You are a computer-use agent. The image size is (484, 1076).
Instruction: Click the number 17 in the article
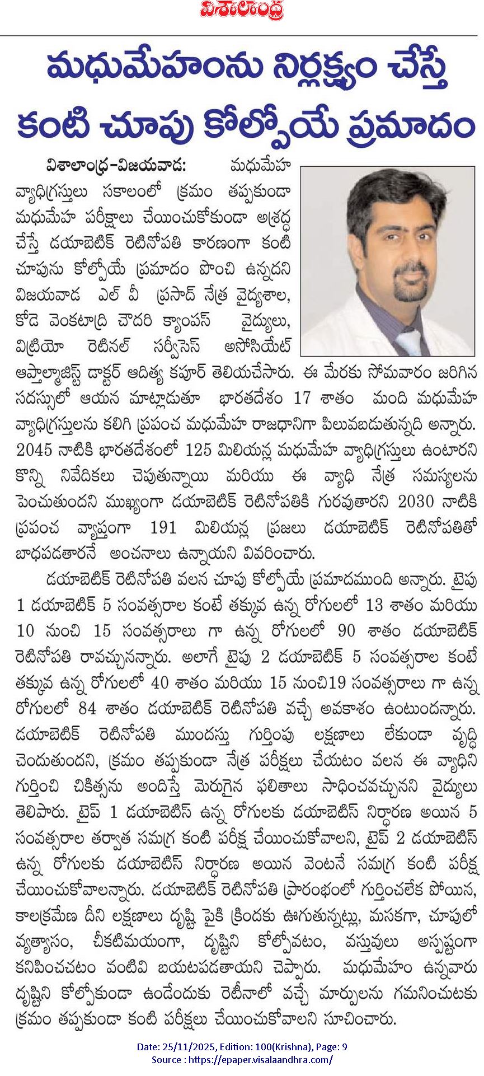pos(302,399)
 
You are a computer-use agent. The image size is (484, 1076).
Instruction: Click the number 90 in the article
pos(347,631)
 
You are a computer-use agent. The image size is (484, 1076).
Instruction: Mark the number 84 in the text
pos(88,709)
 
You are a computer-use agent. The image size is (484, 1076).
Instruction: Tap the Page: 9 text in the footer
pos(330,1047)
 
